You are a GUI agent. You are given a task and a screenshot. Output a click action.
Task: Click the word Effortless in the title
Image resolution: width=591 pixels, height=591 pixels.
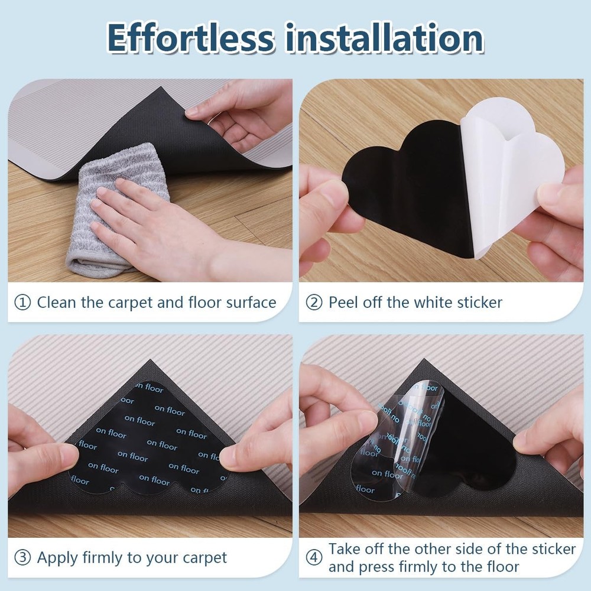[190, 38]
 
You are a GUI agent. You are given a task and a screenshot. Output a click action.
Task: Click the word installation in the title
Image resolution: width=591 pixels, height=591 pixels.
[385, 38]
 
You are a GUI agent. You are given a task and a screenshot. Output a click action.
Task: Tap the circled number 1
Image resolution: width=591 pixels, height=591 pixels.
[22, 303]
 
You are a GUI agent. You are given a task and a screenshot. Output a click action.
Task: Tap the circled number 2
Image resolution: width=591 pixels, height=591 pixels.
[314, 303]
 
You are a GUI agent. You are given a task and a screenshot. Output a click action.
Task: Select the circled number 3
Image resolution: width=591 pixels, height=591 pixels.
[22, 558]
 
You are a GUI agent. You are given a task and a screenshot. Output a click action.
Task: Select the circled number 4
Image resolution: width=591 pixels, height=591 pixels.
[314, 558]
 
